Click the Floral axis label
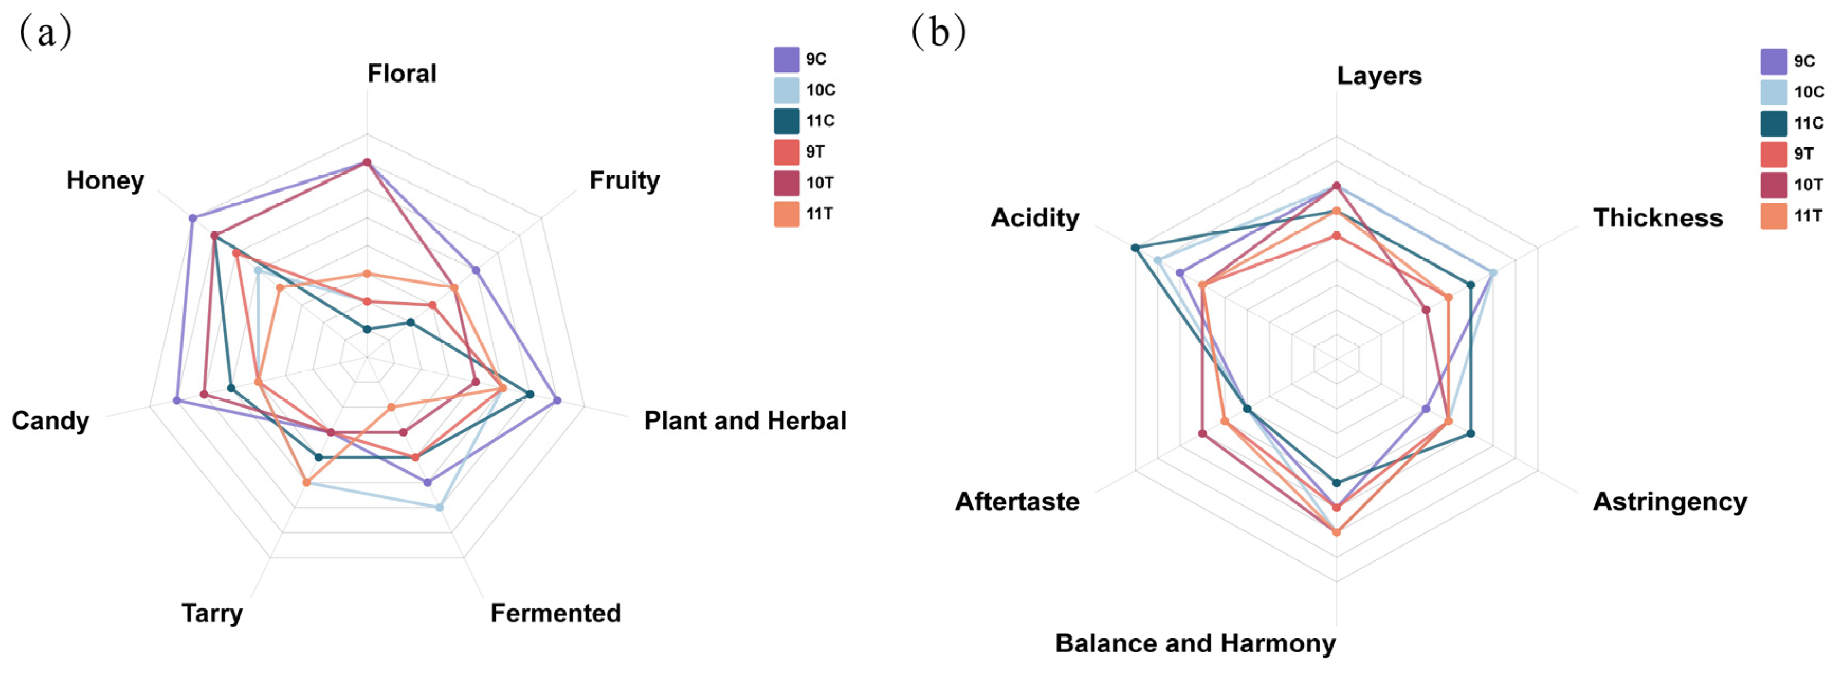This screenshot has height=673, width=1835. [402, 74]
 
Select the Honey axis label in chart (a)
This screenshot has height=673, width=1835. [105, 180]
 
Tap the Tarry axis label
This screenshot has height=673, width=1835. [212, 613]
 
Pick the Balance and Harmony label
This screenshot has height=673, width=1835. [1195, 643]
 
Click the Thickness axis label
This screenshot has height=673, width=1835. [1658, 217]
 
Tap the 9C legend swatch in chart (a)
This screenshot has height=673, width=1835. [787, 60]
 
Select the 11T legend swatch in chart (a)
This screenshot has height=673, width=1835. [787, 214]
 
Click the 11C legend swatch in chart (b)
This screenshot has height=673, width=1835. [1774, 123]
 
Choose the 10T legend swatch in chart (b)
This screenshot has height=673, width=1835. [1774, 185]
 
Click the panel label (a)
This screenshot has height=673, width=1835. [45, 32]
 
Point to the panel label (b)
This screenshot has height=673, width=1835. [938, 32]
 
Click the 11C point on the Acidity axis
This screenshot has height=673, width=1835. [1136, 248]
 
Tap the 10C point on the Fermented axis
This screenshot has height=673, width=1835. [440, 507]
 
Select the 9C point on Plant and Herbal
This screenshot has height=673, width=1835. [557, 400]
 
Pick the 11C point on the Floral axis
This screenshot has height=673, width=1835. [367, 329]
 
